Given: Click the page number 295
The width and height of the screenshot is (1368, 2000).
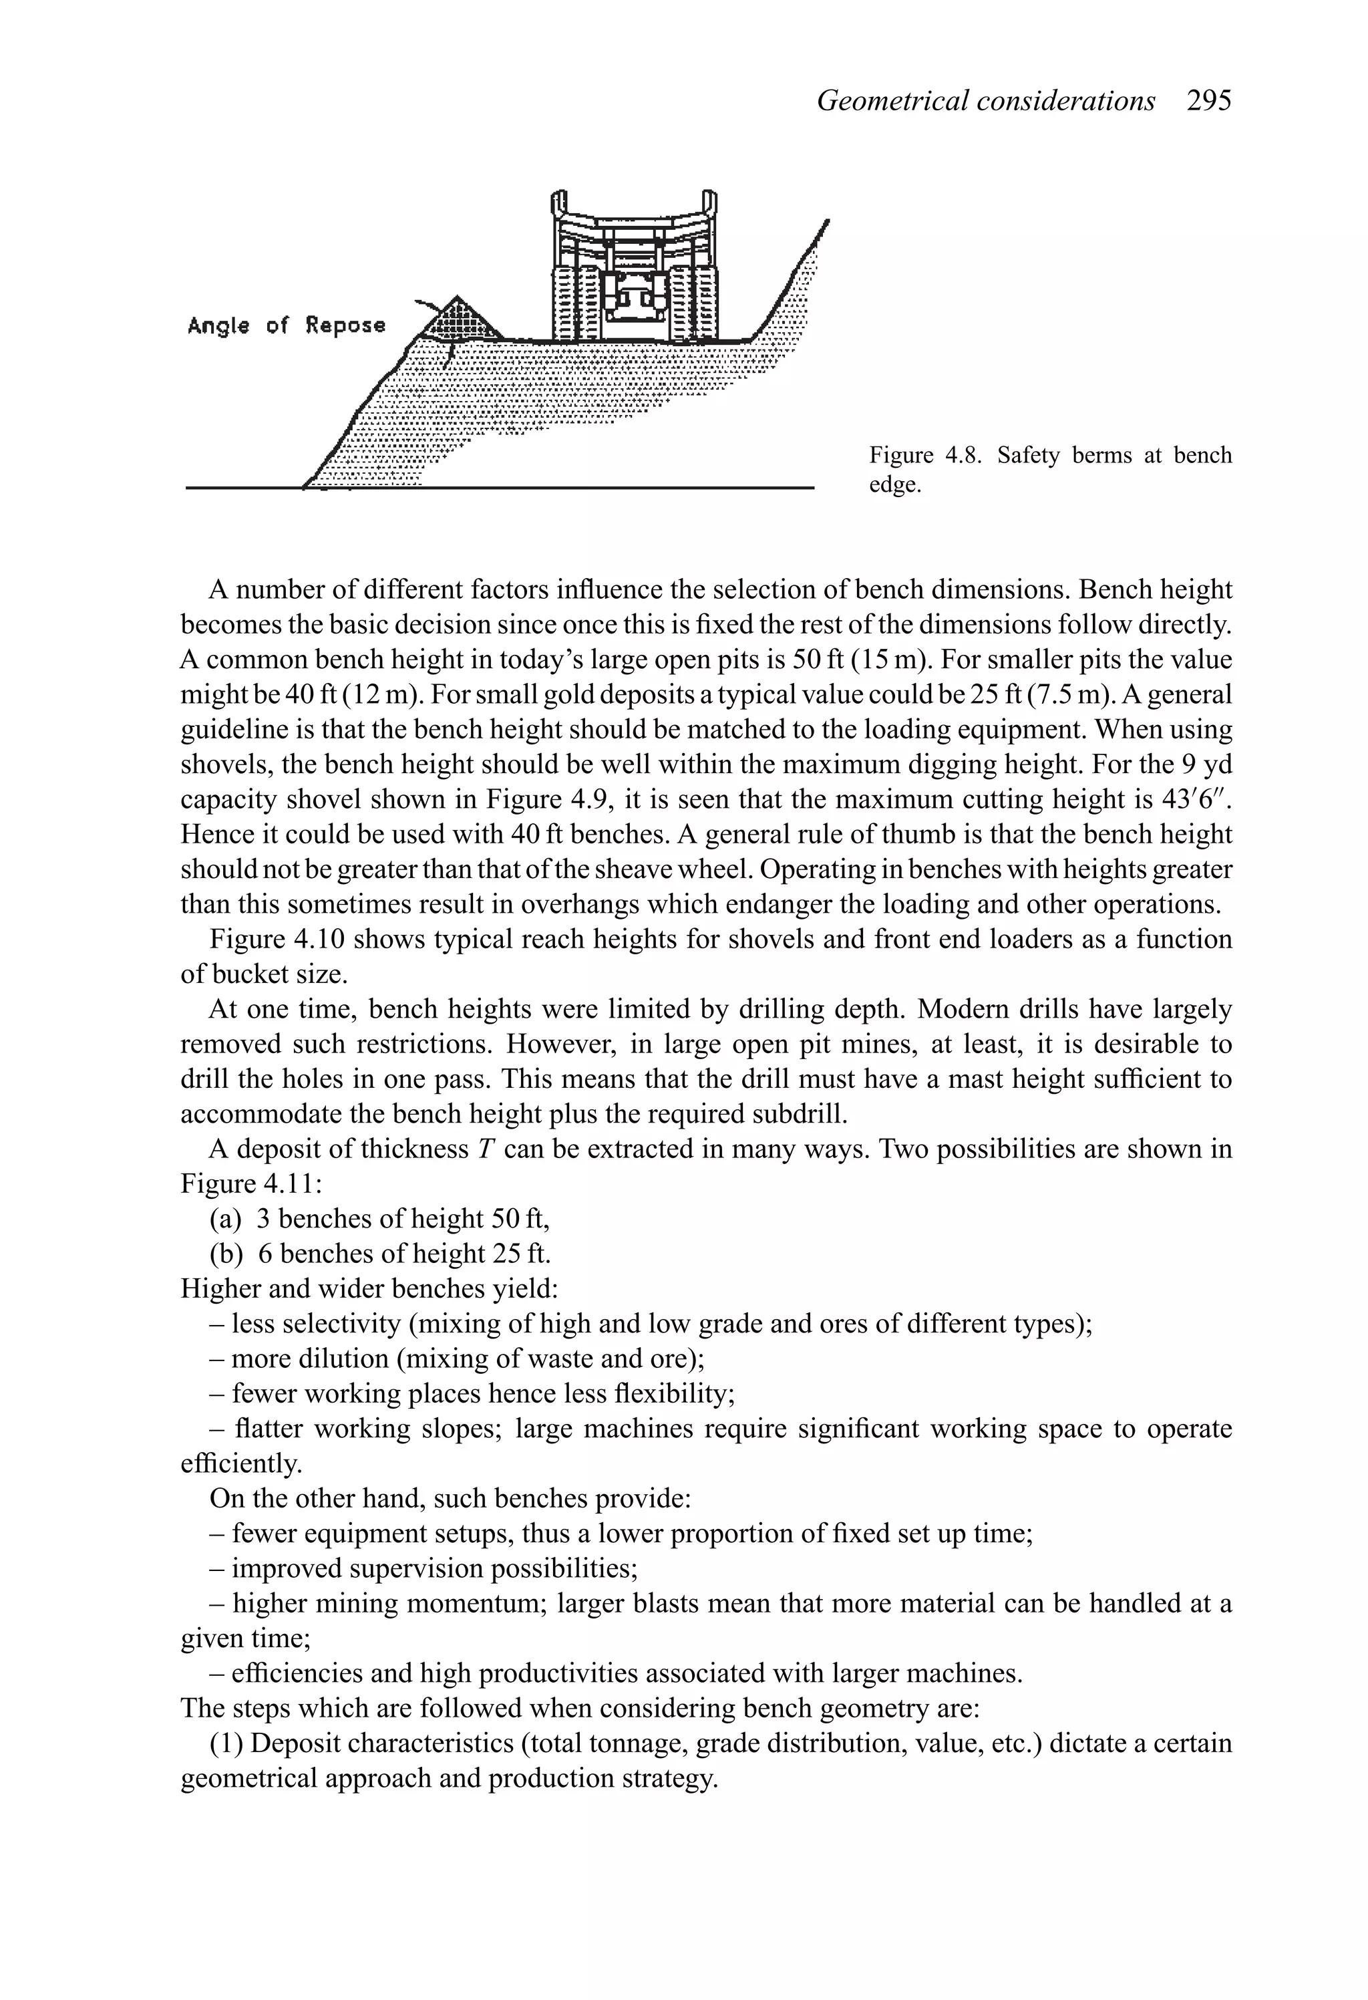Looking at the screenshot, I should click(x=1209, y=101).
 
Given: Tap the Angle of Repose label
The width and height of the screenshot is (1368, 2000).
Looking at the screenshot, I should click(x=287, y=325).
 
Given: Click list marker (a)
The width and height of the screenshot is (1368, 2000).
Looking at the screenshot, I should click(x=225, y=1219).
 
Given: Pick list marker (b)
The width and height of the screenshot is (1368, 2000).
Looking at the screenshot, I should click(x=225, y=1253).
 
